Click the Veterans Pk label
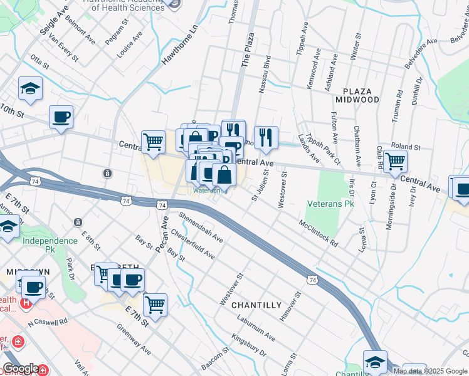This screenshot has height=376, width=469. (330, 204)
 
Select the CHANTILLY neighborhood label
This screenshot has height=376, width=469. (256, 305)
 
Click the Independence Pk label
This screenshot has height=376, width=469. (50, 241)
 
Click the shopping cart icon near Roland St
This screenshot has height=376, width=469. (395, 161)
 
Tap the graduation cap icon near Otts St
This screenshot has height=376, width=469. (30, 88)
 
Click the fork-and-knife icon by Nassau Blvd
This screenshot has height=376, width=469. (266, 137)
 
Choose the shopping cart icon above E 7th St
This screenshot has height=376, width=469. (155, 305)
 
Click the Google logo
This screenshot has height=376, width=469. (21, 368)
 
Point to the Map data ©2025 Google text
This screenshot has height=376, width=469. (430, 371)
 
